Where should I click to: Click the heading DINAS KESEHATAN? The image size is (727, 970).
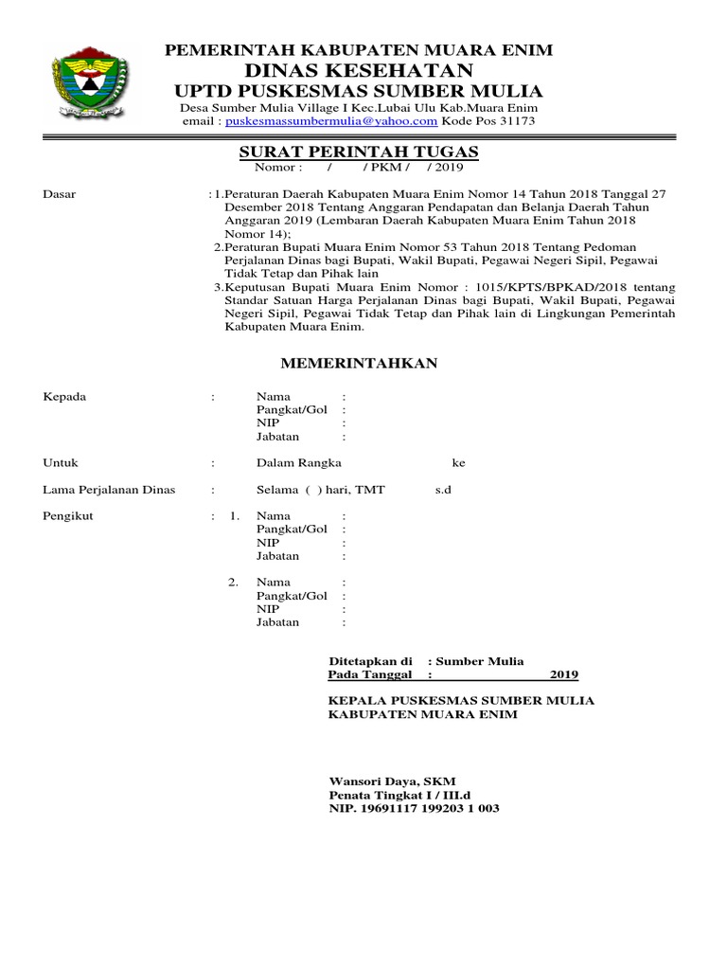[359, 70]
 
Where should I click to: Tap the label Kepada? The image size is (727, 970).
[65, 397]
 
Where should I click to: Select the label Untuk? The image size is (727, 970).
[61, 463]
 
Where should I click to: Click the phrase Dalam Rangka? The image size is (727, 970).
[299, 463]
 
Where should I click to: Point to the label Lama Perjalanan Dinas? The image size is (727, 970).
[109, 490]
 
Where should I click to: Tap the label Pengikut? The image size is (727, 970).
[69, 516]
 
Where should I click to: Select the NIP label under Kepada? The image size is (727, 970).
[268, 423]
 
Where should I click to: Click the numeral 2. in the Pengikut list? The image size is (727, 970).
[233, 582]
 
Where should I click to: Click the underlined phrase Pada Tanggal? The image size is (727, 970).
[370, 674]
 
